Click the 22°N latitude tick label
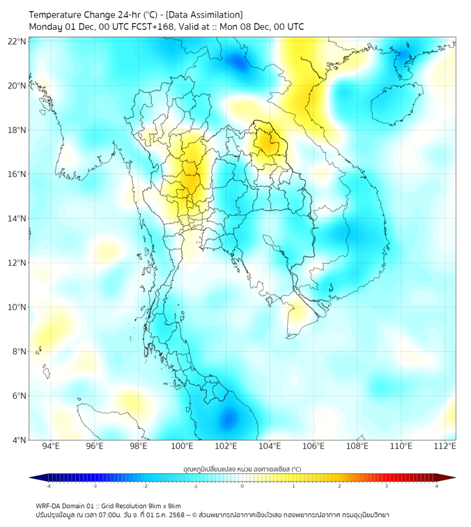pos(17,41)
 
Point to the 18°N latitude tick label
pos(17,130)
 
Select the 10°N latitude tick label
pos(17,307)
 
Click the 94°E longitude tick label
pos(51,446)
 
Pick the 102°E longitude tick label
pos(226,446)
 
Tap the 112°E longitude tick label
pos(445,446)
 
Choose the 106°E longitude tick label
pos(314,446)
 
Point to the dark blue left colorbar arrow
pos(34,478)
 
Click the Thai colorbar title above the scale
pos(242,468)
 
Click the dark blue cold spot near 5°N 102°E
pos(228,419)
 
